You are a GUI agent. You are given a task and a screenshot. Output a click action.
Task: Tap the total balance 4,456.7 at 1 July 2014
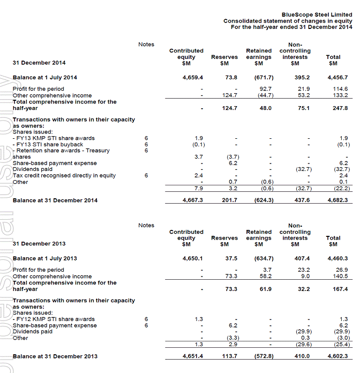[336, 78]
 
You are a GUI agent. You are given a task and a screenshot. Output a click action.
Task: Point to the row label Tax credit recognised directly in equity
[64, 175]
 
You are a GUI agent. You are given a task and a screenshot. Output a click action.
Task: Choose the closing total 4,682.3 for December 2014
[336, 200]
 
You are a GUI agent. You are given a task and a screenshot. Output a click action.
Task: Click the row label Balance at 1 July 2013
[45, 259]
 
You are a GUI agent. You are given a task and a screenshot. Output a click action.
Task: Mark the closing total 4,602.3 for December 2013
[336, 356]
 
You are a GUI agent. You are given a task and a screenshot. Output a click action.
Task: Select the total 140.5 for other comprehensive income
[340, 277]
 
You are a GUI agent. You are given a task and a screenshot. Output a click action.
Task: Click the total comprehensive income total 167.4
[340, 289]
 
